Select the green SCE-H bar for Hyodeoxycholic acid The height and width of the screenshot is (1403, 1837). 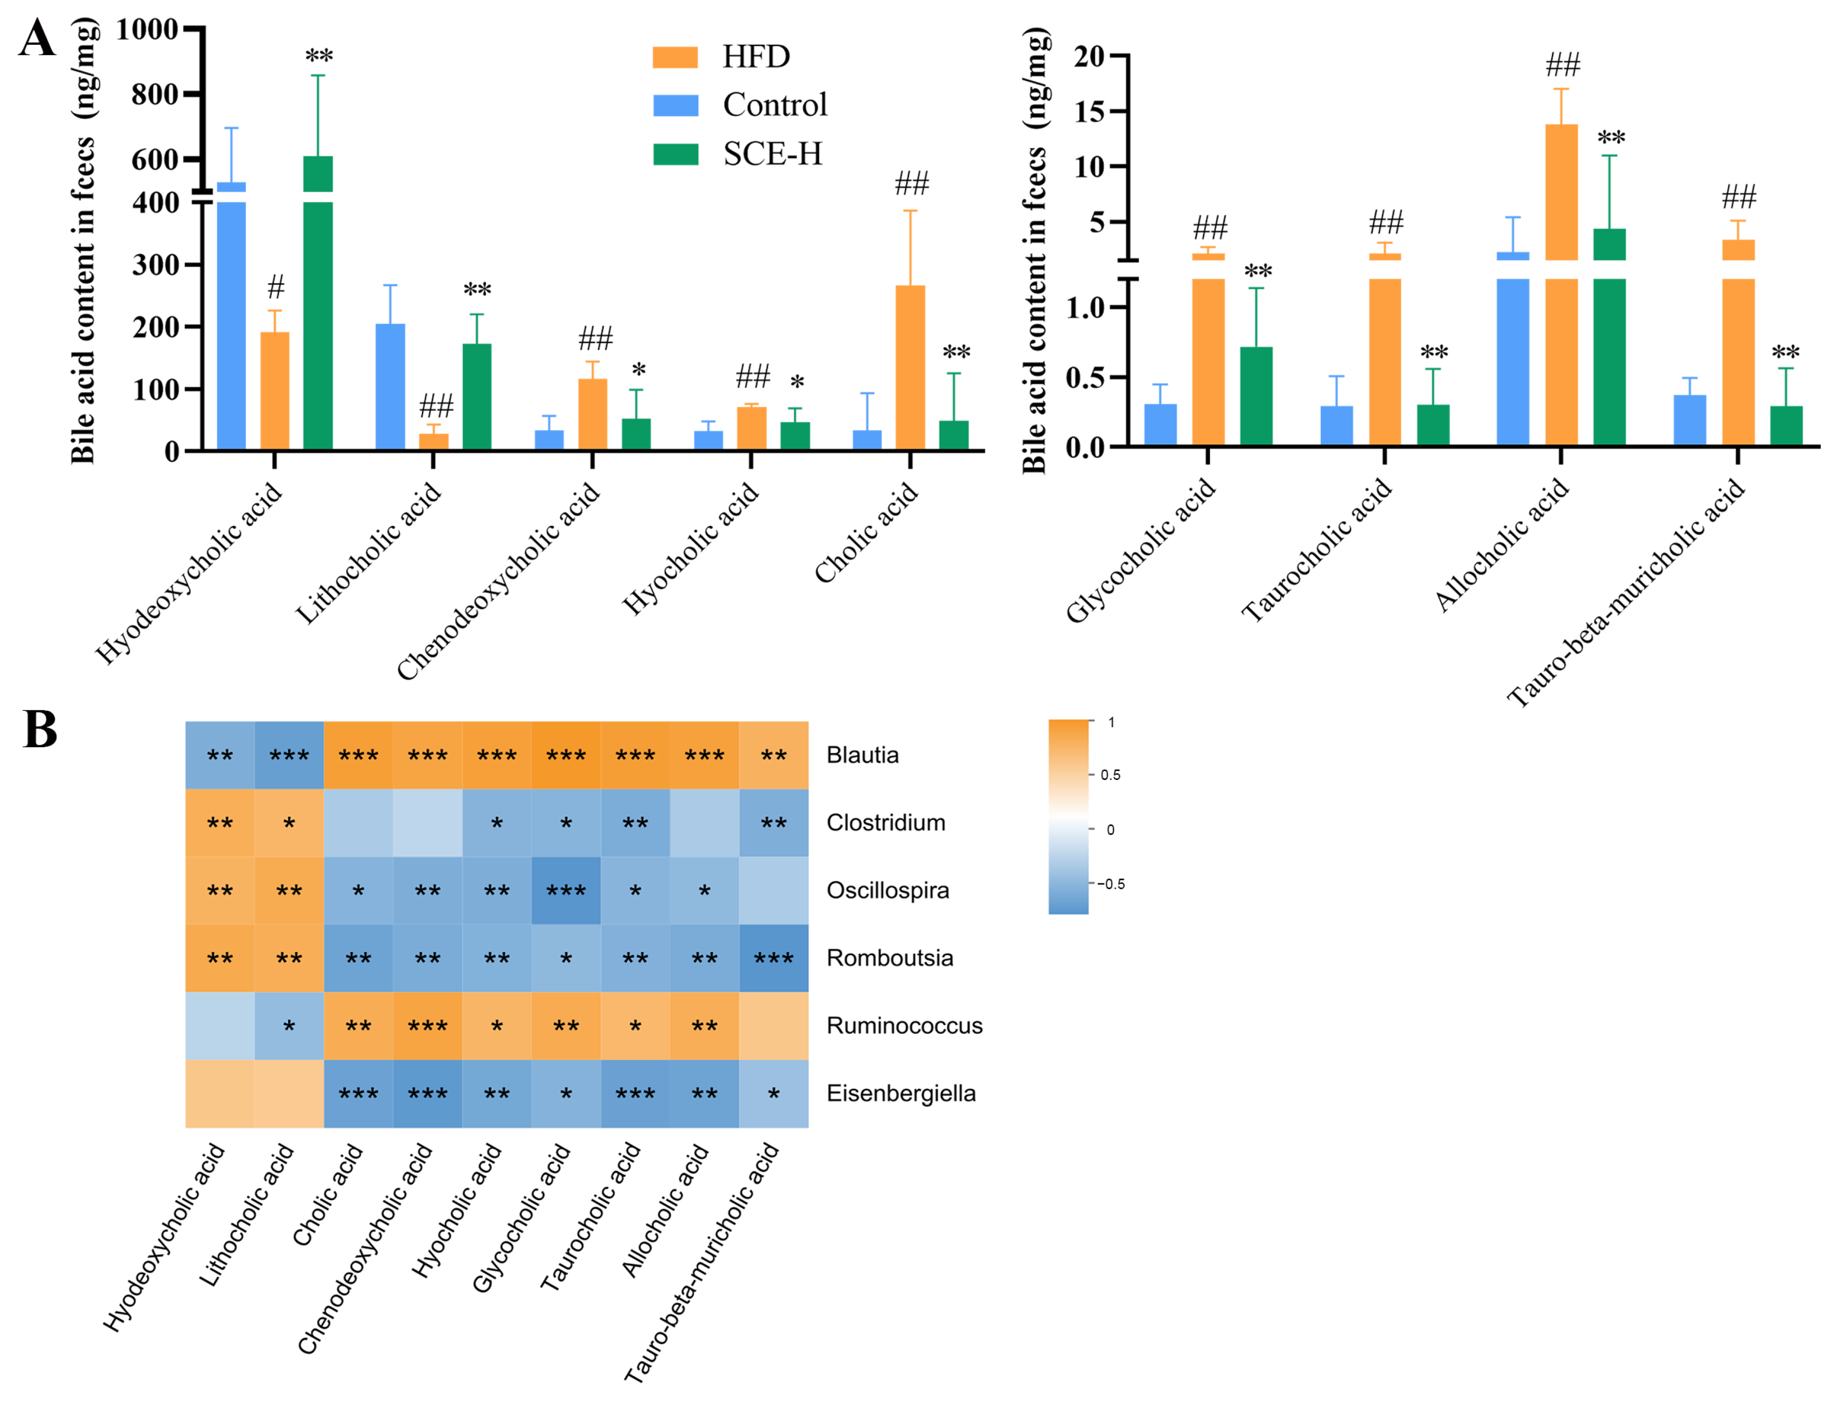point(318,318)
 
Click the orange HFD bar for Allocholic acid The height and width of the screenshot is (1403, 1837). point(1561,284)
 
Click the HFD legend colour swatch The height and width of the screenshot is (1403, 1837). point(675,57)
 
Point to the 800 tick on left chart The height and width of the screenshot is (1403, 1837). point(154,94)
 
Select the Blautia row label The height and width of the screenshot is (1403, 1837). point(862,755)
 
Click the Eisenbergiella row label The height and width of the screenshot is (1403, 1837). point(900,1093)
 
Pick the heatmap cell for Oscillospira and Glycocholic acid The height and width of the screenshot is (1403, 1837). point(565,890)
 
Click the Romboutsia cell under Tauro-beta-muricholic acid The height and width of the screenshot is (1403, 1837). point(773,958)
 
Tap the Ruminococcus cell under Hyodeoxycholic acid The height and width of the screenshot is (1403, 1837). point(220,1025)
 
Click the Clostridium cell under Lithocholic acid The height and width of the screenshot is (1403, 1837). point(289,822)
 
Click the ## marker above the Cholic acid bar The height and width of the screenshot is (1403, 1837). point(912,183)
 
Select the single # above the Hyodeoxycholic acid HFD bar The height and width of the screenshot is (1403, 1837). point(276,287)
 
